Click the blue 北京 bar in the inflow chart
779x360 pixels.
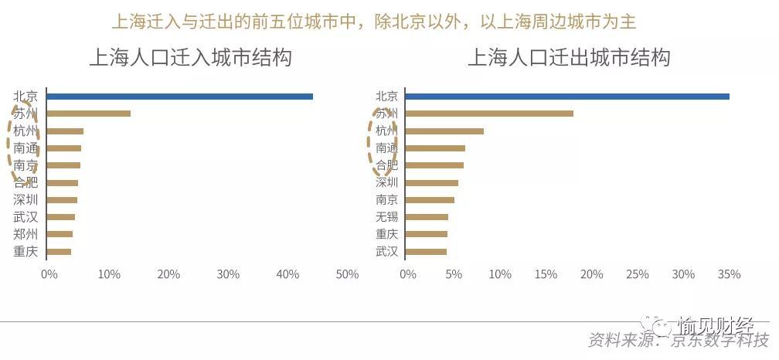[x=180, y=97]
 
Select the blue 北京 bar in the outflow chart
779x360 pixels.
[x=567, y=97]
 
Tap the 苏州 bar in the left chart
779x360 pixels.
[x=89, y=114]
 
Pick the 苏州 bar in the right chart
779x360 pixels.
[x=489, y=114]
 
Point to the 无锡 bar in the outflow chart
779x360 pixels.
[x=427, y=217]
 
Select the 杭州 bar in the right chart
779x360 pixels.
[x=444, y=131]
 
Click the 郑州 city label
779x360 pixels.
[x=26, y=234]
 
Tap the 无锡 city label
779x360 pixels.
[x=386, y=217]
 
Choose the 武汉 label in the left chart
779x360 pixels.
[x=26, y=217]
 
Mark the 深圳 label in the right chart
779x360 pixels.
[x=386, y=183]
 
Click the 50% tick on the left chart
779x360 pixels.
[x=348, y=274]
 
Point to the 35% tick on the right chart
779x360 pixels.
[x=729, y=274]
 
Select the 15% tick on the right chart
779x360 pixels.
[x=546, y=274]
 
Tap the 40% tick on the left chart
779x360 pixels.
[x=287, y=274]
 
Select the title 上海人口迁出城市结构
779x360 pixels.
[x=568, y=58]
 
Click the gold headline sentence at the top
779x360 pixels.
[x=374, y=22]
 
